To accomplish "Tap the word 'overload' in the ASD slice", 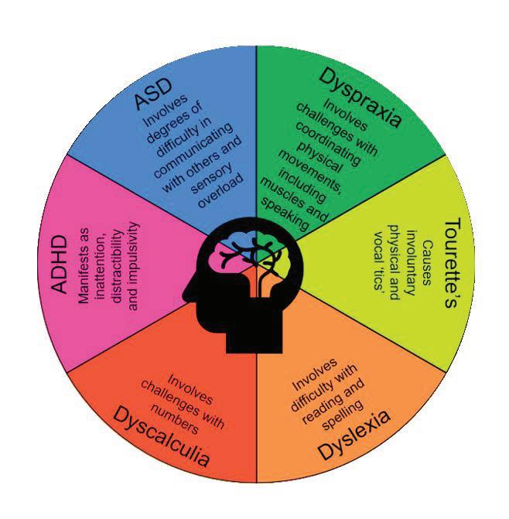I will point(220,196).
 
